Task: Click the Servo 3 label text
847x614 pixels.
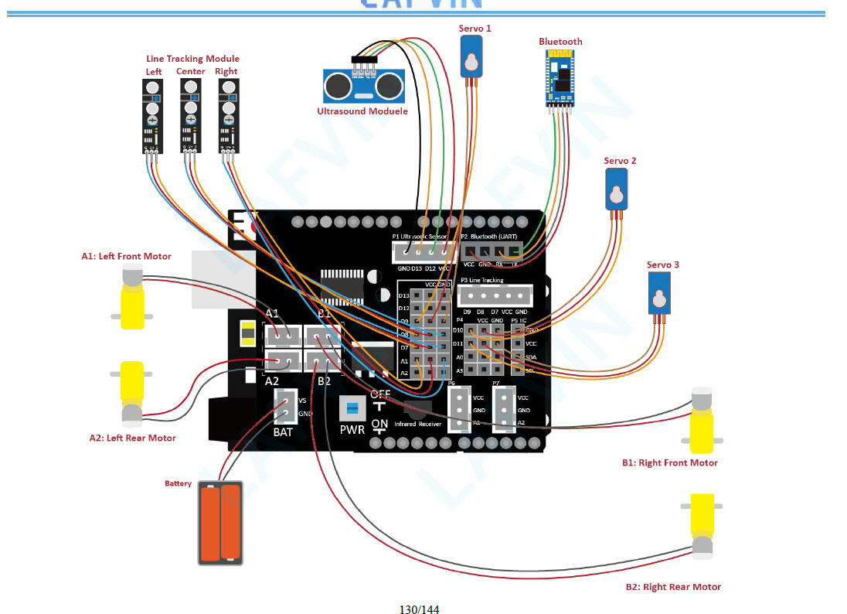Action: (663, 265)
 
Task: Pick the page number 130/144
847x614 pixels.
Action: (419, 609)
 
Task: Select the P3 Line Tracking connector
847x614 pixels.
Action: (495, 295)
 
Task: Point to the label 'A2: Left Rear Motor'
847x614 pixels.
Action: (132, 438)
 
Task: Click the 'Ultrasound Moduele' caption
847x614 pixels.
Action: (362, 111)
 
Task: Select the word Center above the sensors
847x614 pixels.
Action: (190, 71)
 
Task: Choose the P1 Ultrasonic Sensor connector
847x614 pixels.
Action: (422, 251)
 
